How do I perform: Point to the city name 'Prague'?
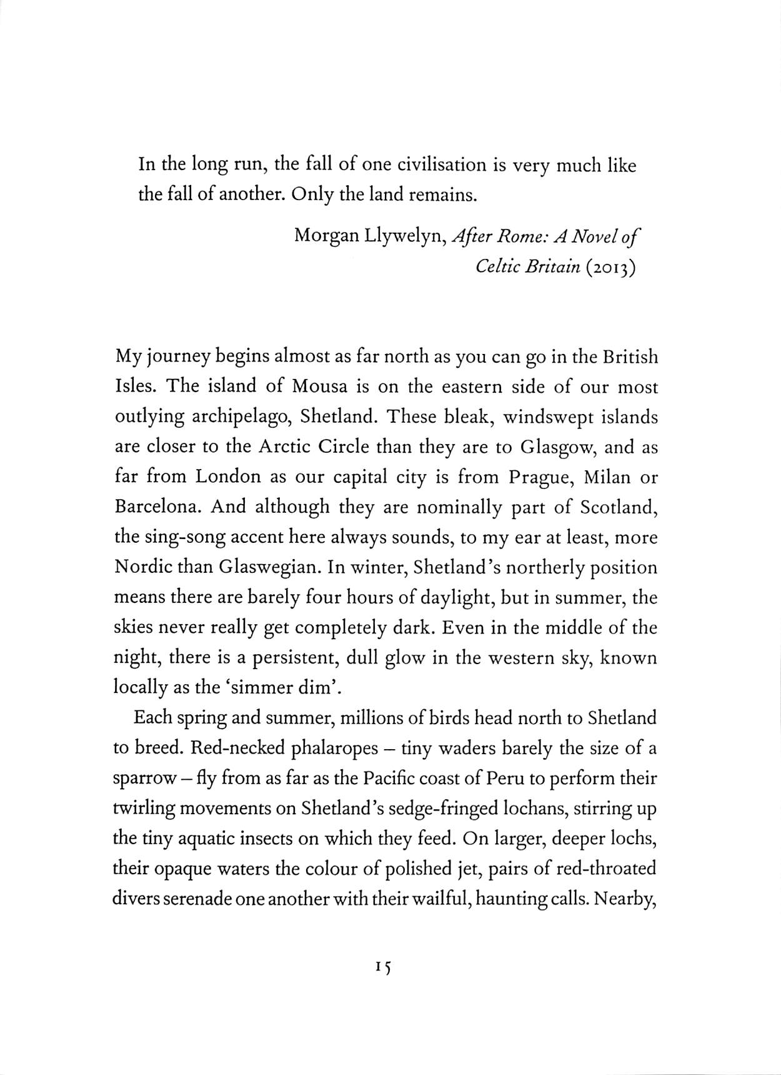click(538, 477)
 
